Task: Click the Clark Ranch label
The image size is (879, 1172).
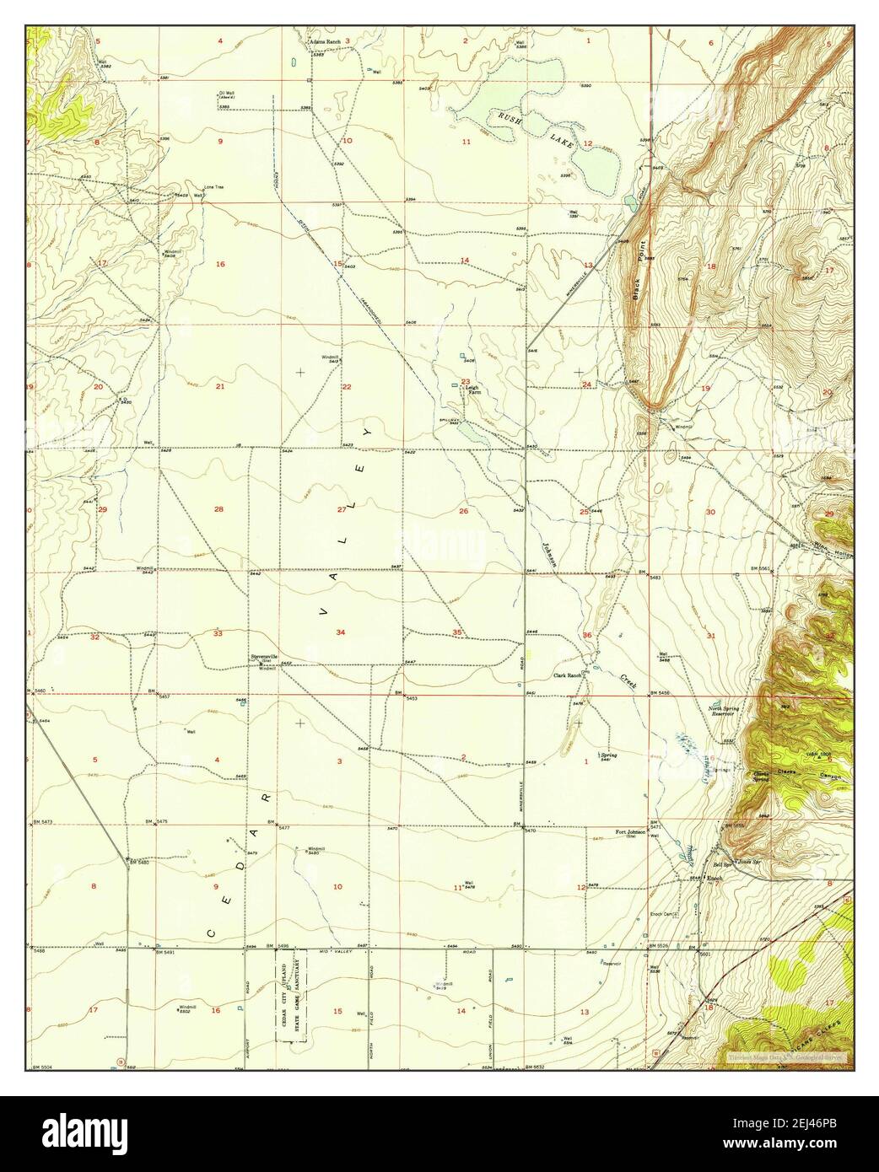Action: click(x=568, y=675)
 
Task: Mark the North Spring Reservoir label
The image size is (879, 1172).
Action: click(x=723, y=712)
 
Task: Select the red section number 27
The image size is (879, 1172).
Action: click(x=342, y=509)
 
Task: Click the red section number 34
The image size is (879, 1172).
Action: click(x=340, y=632)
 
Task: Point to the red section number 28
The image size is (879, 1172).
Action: click(x=218, y=509)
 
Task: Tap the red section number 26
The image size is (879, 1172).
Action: click(x=462, y=511)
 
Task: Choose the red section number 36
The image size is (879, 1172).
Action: click(x=586, y=634)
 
